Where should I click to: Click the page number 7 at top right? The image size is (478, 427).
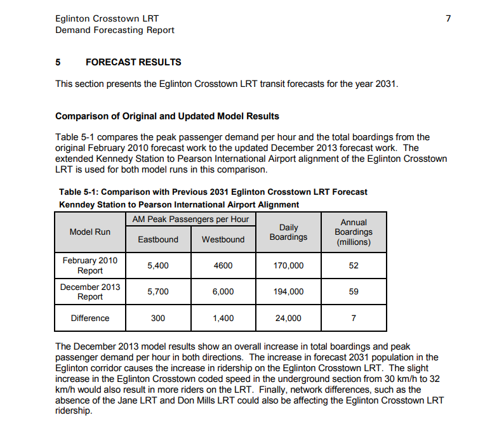448,18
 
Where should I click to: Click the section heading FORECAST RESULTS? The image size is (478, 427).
133,62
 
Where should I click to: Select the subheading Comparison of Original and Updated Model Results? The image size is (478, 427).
167,116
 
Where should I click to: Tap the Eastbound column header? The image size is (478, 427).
158,239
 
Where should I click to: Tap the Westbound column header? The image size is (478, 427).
223,239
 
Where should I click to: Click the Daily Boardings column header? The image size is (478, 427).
288,232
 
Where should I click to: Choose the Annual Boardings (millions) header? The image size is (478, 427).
354,232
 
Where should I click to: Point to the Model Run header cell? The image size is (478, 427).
90,232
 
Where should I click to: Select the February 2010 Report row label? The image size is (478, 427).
90,265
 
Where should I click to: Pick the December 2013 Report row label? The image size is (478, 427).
90,292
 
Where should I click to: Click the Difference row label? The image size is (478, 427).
90,319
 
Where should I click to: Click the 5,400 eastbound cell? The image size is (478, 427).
158,266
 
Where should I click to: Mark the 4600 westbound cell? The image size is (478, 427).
223,266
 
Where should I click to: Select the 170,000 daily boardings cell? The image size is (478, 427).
288,266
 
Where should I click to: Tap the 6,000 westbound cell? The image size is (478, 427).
223,292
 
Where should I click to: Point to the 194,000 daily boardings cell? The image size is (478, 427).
288,292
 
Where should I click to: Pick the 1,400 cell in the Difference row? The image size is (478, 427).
223,319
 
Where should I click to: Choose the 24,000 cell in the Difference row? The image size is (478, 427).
288,319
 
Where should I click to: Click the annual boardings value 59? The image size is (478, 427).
354,292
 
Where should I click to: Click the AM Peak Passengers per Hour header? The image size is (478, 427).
190,220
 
